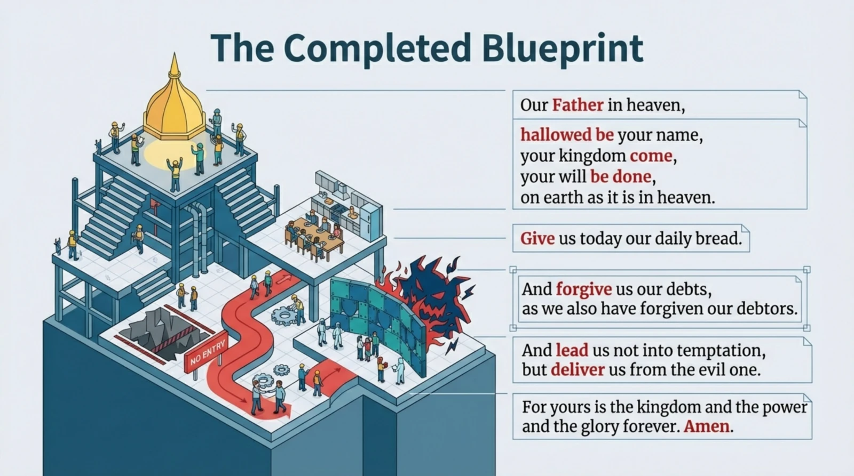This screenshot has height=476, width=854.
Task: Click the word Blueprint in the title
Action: point(563,49)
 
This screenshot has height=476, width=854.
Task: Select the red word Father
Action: point(578,104)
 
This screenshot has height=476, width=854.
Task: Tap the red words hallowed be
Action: point(567,135)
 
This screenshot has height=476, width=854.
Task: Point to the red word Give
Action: point(537,239)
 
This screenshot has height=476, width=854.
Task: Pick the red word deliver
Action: point(578,370)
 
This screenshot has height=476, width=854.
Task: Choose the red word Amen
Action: point(707,426)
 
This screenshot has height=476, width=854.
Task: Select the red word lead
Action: point(572,350)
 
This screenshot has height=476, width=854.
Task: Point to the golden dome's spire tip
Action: point(175,53)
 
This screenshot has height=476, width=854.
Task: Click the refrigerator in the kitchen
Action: point(371,222)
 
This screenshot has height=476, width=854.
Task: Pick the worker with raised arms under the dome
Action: point(175,174)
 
